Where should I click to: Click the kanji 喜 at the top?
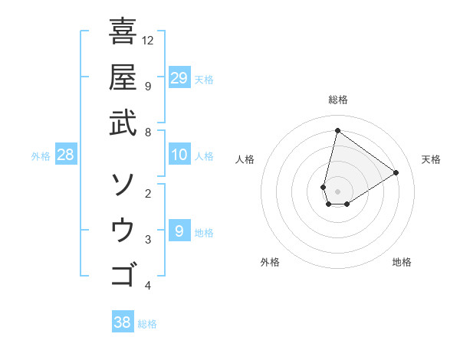click(123, 32)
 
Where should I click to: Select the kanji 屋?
click(123, 77)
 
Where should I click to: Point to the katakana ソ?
click(123, 184)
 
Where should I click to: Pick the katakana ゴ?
click(123, 273)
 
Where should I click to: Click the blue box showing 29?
click(179, 77)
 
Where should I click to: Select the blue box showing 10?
click(179, 155)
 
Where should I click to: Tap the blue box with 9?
click(179, 231)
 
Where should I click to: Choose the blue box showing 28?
click(66, 155)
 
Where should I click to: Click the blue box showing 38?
click(123, 322)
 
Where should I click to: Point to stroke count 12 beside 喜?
click(149, 40)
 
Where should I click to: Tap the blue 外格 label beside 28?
click(41, 156)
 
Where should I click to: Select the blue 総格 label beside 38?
click(147, 324)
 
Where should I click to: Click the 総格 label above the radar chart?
click(337, 100)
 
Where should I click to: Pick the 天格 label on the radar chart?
click(431, 159)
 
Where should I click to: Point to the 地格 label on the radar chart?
click(402, 262)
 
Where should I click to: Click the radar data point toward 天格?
click(396, 172)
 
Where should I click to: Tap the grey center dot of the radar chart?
click(337, 191)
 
